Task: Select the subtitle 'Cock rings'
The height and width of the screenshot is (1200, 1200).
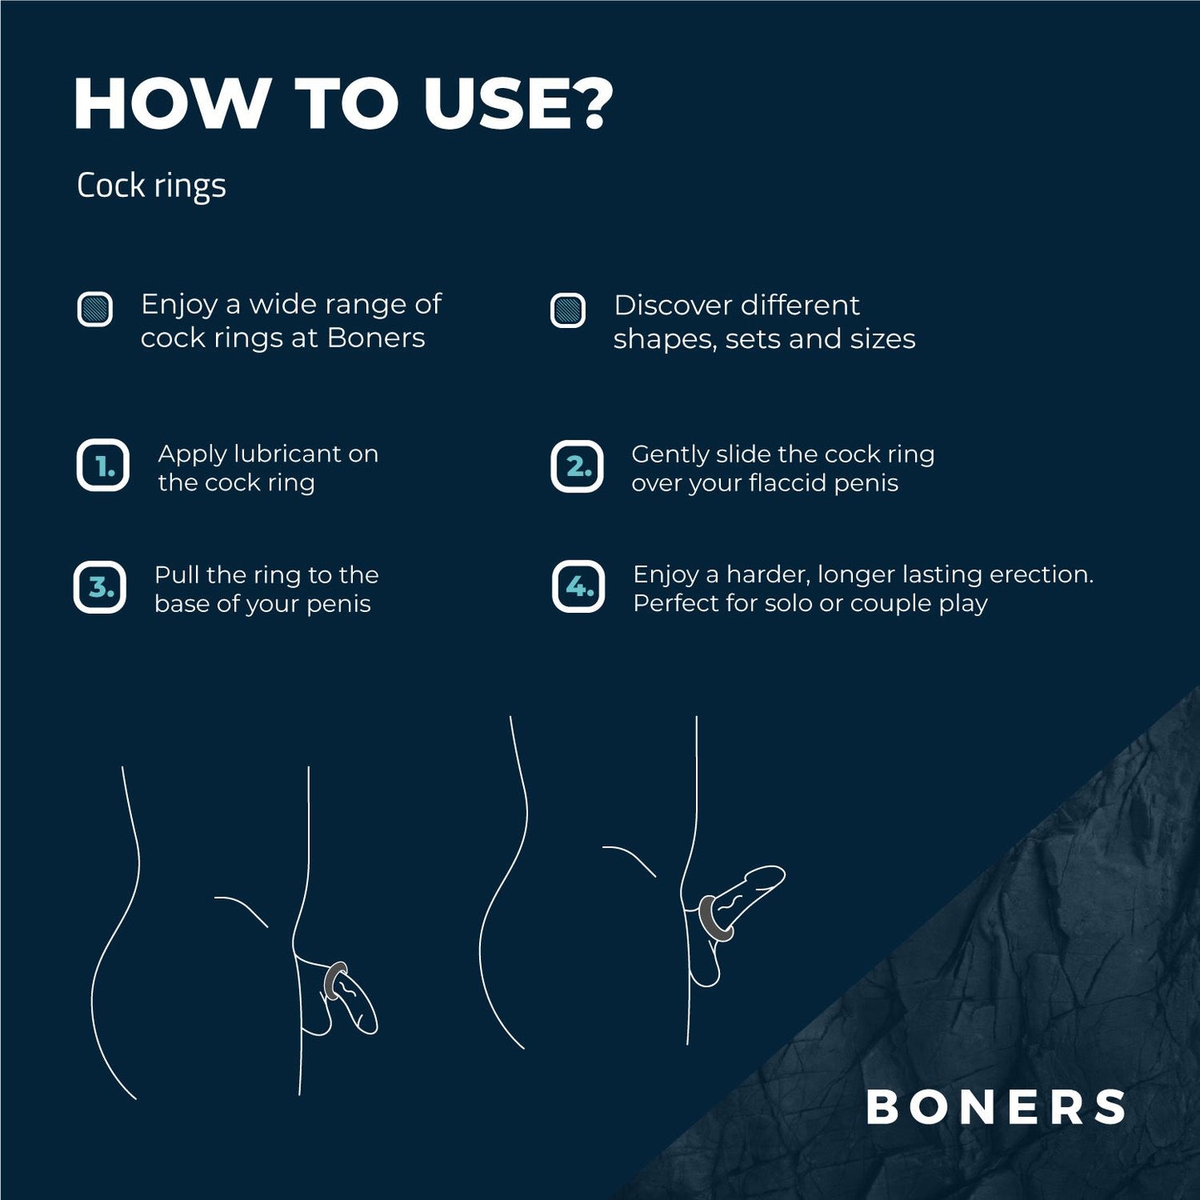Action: point(151,185)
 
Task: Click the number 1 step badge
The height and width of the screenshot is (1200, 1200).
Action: point(103,466)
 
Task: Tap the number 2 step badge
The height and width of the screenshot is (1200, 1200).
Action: point(577,467)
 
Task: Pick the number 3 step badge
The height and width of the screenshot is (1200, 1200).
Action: point(100,587)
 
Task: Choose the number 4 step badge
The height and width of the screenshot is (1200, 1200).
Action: point(579,587)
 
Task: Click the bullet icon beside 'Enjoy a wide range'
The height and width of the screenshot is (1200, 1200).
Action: point(95,310)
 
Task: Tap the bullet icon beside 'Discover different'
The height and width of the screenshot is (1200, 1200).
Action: point(568,311)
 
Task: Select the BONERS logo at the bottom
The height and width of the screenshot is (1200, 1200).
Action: point(996,1107)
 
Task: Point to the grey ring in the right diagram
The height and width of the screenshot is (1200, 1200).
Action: point(714,918)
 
